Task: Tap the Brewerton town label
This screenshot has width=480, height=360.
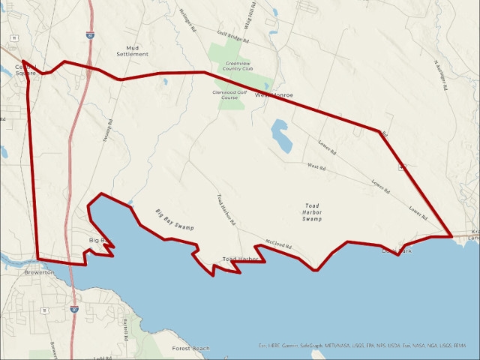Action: coord(39,272)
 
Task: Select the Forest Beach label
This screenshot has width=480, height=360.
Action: coord(190,349)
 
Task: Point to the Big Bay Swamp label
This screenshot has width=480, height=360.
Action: coord(175,219)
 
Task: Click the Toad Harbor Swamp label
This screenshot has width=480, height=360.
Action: coord(312,212)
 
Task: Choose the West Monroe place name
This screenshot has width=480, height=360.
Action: coord(274,95)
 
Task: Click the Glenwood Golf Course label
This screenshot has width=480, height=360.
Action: coord(224,95)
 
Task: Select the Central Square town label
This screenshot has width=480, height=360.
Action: coord(25,70)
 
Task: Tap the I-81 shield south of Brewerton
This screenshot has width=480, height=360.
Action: coord(74,308)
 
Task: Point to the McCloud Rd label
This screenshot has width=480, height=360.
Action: coord(277,244)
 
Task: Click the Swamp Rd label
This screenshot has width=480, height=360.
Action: coord(108,131)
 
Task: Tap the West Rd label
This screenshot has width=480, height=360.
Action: coord(315,166)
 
